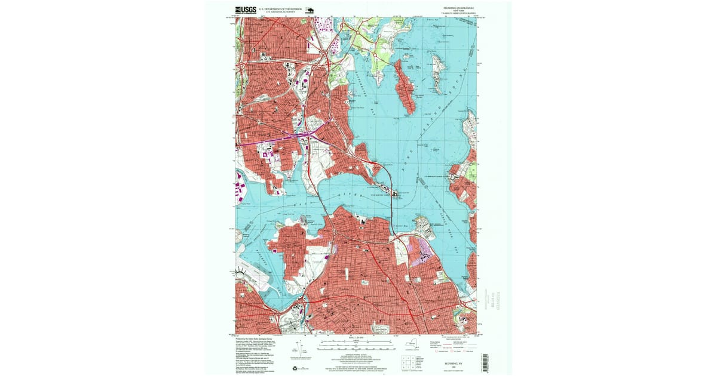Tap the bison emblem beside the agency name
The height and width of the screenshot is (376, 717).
tap(310, 10)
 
